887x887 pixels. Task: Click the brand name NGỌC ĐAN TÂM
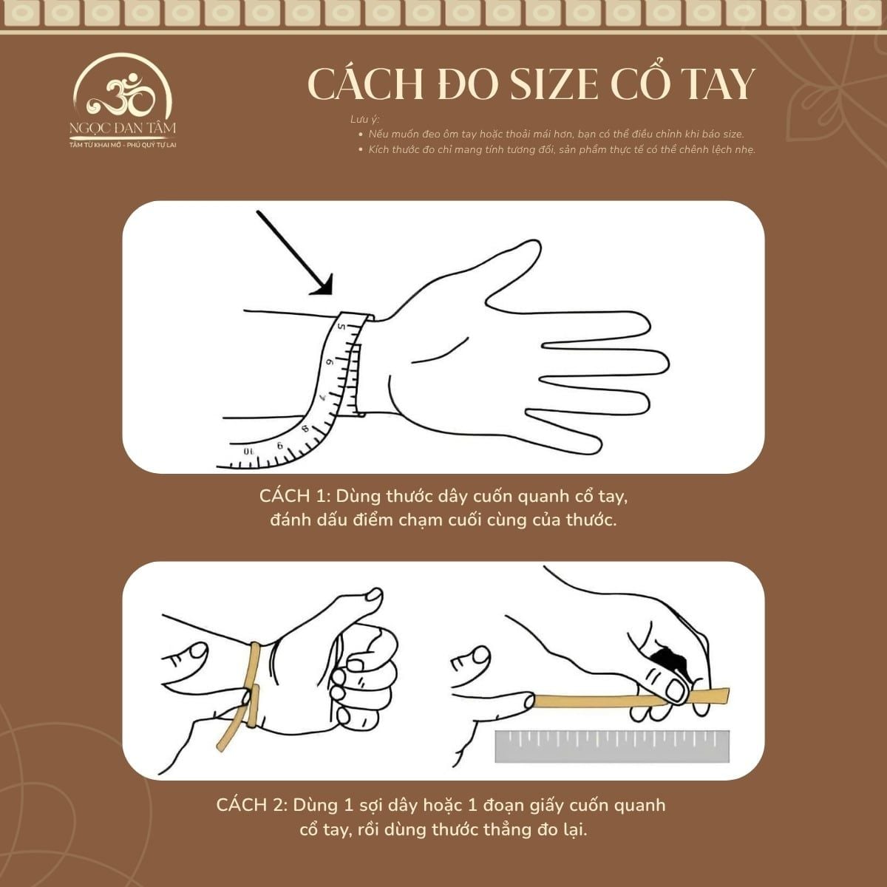(123, 128)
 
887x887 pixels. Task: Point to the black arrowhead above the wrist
(322, 285)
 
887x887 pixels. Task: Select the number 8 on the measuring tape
(305, 429)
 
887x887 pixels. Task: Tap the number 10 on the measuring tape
(248, 450)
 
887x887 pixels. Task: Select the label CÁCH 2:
(251, 805)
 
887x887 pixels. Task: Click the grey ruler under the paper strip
(612, 747)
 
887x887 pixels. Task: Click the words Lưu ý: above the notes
(364, 120)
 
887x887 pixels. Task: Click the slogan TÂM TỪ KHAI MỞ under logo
(96, 144)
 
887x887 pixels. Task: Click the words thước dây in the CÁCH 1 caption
(426, 495)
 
